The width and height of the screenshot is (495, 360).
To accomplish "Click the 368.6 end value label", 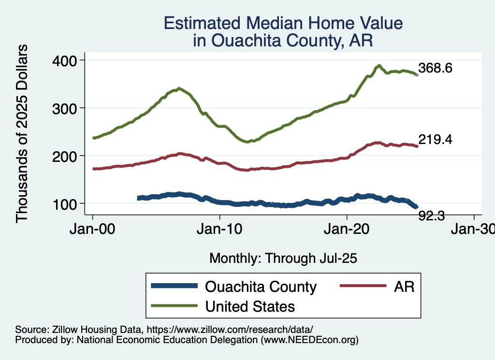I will click(x=435, y=68).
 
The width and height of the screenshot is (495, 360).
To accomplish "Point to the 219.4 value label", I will click(x=435, y=140).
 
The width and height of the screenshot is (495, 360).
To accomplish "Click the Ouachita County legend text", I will click(x=261, y=287).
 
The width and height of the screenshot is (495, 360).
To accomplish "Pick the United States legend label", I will click(x=250, y=306).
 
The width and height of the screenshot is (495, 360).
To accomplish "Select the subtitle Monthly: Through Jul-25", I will click(x=283, y=258).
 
